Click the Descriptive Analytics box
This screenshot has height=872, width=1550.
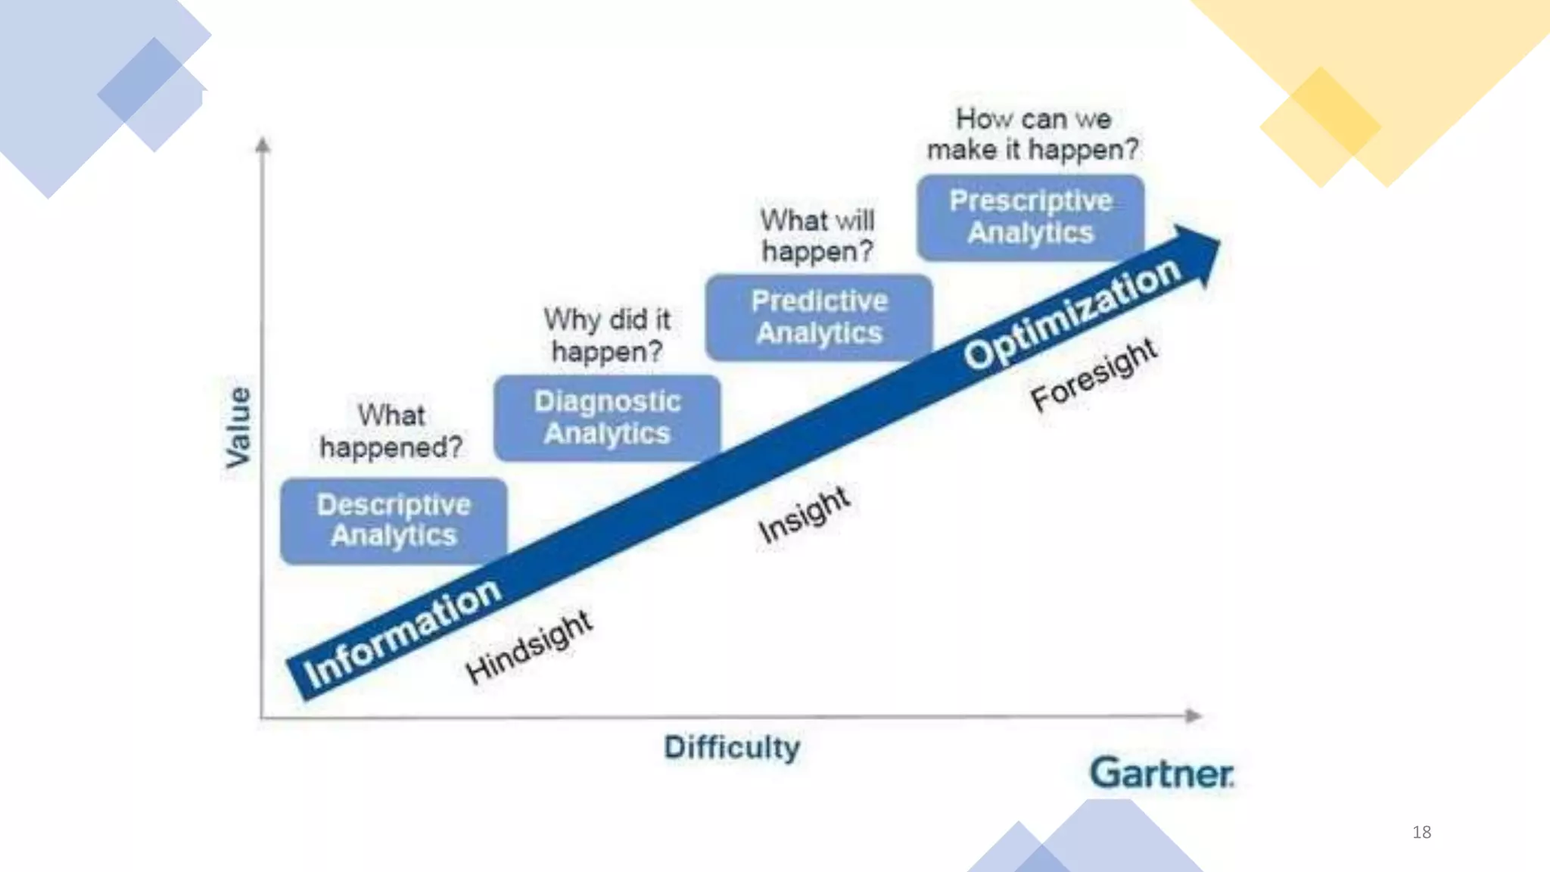(x=394, y=521)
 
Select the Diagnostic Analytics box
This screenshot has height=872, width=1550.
(x=607, y=418)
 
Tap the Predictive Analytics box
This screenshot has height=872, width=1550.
(x=819, y=317)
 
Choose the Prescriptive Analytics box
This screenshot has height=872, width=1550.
(x=1031, y=217)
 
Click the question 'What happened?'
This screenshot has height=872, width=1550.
(x=391, y=431)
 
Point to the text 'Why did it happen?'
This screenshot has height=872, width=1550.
(x=607, y=335)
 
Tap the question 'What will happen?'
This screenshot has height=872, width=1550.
(x=817, y=235)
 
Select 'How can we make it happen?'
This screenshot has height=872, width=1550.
(x=1032, y=134)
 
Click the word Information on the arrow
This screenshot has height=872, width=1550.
(x=402, y=632)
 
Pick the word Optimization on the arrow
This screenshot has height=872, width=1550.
(x=1072, y=313)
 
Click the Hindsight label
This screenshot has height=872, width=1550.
(x=529, y=646)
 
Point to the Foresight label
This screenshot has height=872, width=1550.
(x=1094, y=375)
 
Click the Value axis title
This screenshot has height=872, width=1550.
(x=238, y=426)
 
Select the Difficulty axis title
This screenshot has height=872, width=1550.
(x=732, y=748)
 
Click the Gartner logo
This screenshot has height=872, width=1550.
(x=1161, y=774)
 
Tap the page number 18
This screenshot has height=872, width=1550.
(x=1421, y=832)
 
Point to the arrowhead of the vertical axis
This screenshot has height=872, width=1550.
(x=263, y=144)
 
